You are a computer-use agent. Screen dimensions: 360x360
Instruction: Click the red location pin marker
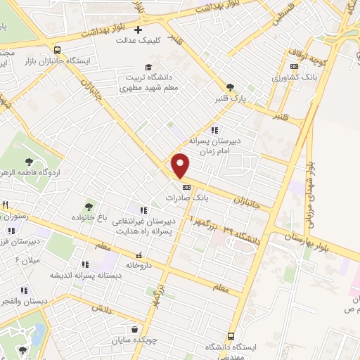[x=181, y=165]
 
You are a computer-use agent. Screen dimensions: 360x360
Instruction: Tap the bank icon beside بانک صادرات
[x=186, y=187]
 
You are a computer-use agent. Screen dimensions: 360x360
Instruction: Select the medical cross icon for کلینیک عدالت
[x=139, y=30]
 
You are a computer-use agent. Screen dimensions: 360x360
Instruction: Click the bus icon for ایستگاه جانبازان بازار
[x=57, y=50]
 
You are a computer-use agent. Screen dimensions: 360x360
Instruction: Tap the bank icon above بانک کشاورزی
[x=294, y=66]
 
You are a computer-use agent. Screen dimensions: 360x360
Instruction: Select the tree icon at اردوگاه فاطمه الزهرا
[x=29, y=162]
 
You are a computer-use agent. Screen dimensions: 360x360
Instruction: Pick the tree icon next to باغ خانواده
[x=89, y=207]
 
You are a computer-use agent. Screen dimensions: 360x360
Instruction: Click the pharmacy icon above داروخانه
[x=139, y=255]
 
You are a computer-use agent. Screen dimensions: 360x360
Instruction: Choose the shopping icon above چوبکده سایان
[x=134, y=329]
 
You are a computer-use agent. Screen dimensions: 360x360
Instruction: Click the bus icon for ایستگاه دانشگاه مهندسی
[x=231, y=337]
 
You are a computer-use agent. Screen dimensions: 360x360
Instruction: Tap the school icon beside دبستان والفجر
[x=24, y=290]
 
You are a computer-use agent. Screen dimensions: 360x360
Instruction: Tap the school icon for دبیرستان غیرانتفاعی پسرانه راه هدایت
[x=144, y=210]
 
